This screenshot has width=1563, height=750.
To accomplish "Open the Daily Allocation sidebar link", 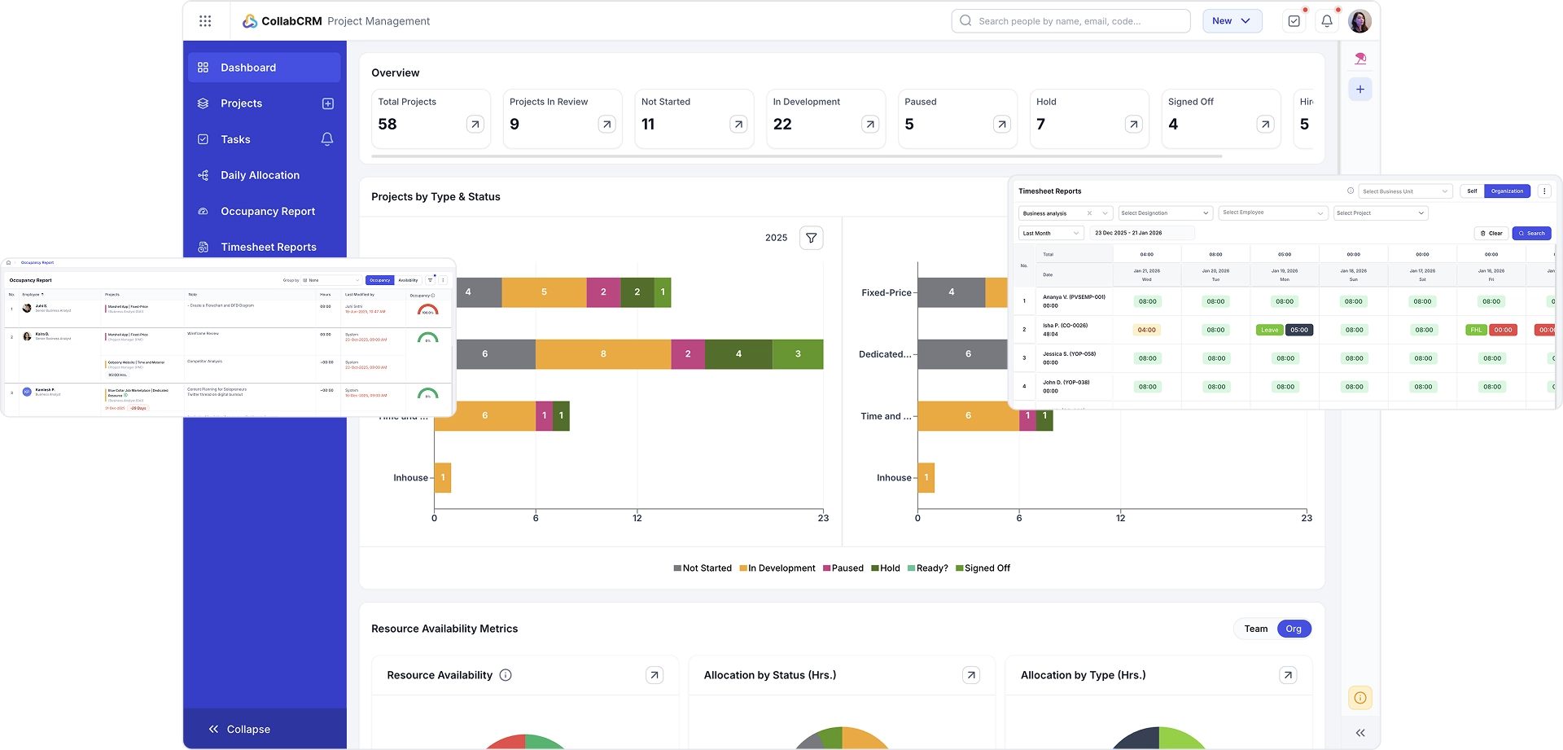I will (x=260, y=175).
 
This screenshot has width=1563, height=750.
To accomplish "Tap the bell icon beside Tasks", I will (x=327, y=139).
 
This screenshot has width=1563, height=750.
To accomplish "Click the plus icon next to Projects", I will (x=328, y=103).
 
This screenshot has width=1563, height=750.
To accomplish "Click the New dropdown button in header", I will (x=1232, y=21).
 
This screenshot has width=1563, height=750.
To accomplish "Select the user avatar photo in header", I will (x=1359, y=21).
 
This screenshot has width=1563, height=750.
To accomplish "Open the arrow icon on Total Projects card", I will (x=475, y=125).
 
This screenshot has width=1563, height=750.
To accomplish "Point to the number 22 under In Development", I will (x=782, y=125).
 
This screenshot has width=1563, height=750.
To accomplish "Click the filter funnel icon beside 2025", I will (x=811, y=238).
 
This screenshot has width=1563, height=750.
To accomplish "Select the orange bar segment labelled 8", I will (x=603, y=354).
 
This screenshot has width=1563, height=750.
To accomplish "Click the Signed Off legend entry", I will (x=983, y=568).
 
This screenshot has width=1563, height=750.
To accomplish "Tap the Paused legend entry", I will (x=843, y=568).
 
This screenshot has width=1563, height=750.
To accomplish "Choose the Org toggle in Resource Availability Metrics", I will (x=1294, y=629).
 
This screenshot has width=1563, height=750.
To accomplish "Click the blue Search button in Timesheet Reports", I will (x=1531, y=234).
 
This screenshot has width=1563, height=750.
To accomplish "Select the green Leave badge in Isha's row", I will (x=1269, y=330).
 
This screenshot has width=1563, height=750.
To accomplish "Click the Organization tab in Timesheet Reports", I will (x=1507, y=191).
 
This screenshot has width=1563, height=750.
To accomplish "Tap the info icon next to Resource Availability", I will (x=506, y=675).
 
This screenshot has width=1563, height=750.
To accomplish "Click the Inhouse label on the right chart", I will (x=894, y=478).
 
